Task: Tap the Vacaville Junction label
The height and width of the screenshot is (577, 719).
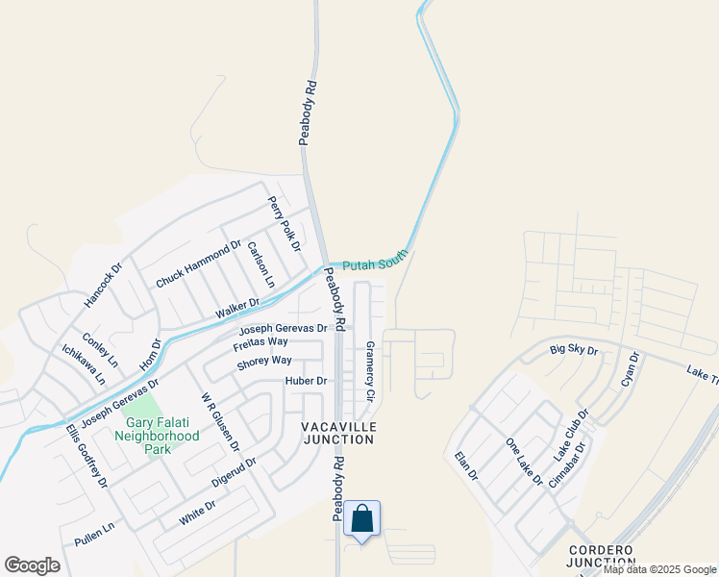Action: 337,433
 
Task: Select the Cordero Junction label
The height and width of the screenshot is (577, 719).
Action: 600,556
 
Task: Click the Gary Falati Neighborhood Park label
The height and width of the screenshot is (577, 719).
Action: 161,436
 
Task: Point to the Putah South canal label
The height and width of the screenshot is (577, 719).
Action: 376,259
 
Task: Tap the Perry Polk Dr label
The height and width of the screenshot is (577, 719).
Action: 285,223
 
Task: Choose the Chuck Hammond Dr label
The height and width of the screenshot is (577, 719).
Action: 199,265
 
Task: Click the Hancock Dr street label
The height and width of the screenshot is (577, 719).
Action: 104,286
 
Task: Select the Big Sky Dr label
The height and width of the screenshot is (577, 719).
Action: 574,350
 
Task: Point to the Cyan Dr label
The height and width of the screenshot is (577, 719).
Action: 631,370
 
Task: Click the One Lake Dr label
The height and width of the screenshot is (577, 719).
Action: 524,461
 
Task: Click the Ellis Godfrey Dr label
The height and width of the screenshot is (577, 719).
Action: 87,455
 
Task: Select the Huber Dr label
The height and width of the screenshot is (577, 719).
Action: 307,381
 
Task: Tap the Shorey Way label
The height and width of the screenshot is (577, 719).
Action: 263,361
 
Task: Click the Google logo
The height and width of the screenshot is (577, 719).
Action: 33,565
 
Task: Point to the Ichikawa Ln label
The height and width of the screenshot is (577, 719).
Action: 84,364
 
